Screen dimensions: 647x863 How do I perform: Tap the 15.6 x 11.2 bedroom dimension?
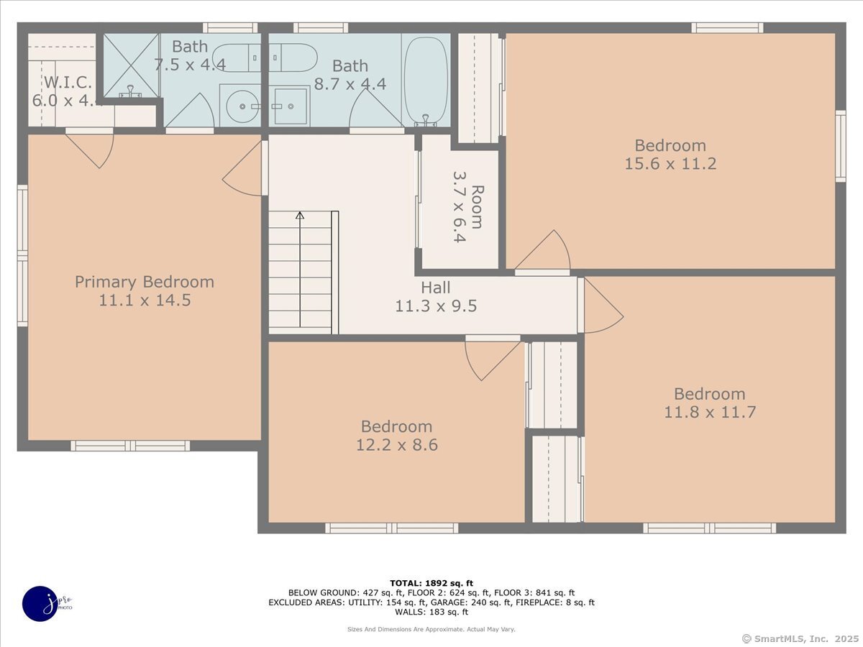(670, 164)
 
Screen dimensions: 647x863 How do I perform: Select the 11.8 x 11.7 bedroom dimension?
(709, 413)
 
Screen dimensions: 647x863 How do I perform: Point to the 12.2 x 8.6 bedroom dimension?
(396, 445)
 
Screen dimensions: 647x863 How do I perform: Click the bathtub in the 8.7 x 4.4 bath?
(426, 79)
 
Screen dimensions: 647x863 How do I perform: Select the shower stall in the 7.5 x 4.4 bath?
(130, 65)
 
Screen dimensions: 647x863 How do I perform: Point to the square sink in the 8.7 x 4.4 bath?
(291, 106)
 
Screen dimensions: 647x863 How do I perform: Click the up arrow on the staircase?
(300, 216)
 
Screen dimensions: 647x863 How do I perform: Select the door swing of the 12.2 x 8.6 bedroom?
(489, 359)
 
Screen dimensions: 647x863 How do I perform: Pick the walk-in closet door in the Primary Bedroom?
(91, 150)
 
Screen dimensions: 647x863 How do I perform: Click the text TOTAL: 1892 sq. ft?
(431, 583)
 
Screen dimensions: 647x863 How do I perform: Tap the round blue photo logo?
(40, 604)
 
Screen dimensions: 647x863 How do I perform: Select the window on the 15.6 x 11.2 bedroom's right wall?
(840, 146)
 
